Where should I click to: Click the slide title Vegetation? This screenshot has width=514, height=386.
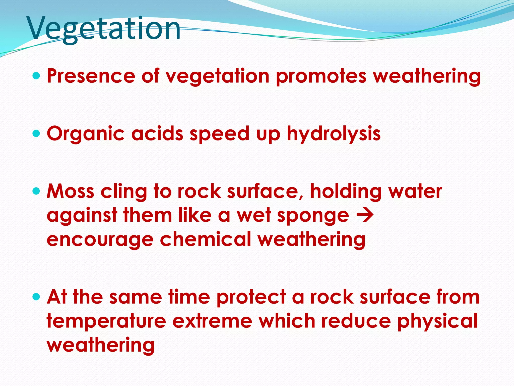tap(104, 28)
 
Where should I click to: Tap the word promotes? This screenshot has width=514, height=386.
tap(321, 76)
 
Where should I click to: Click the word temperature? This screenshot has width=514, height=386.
tap(106, 321)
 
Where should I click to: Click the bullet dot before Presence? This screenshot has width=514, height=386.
tap(36, 76)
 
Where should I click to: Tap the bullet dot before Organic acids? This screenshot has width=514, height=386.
tap(36, 133)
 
